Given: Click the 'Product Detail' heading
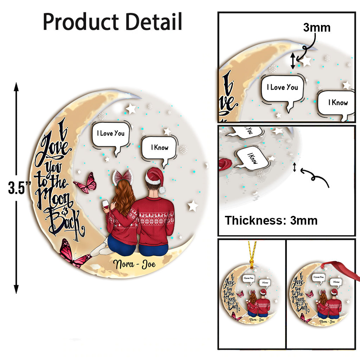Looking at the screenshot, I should tap(112, 22).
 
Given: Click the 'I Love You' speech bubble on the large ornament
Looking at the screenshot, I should tap(111, 134).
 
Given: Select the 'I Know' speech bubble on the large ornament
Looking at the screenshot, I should tap(159, 148).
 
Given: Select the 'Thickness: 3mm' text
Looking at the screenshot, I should tap(271, 220).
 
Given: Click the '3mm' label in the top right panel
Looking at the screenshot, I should tap(316, 27).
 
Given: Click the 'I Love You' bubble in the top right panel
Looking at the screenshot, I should tap(282, 88).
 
